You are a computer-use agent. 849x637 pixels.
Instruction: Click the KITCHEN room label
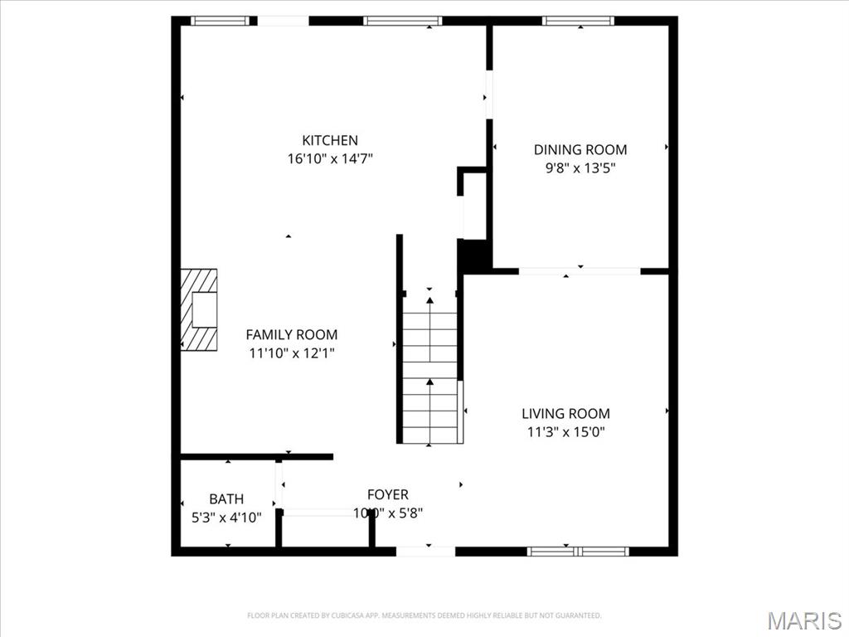(x=330, y=140)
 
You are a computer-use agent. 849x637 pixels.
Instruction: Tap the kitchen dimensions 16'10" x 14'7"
(x=330, y=158)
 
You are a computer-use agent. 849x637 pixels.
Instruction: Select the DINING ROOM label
(x=580, y=149)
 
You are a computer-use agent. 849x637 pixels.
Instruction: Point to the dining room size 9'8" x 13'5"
(x=580, y=168)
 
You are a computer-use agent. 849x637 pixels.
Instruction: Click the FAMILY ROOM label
(x=292, y=334)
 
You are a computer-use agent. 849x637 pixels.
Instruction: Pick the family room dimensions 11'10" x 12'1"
(x=292, y=353)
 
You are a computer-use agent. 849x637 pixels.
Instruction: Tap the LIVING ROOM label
(x=565, y=413)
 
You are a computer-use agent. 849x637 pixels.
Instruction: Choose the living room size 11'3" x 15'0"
(x=565, y=431)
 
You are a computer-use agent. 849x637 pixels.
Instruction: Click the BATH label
(x=226, y=498)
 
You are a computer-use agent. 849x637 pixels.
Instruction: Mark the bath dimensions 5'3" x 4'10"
(x=226, y=517)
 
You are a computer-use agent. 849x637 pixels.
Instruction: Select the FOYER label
(x=388, y=494)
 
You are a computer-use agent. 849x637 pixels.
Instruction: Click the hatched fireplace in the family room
(x=199, y=310)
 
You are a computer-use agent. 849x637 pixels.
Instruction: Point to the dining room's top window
(x=579, y=21)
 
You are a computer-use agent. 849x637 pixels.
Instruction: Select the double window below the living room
(x=578, y=550)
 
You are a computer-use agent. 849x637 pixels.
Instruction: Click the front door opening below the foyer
(x=426, y=550)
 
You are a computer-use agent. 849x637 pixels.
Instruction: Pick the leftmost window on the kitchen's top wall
(x=219, y=21)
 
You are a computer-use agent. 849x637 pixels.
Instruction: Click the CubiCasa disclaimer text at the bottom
(x=424, y=615)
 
